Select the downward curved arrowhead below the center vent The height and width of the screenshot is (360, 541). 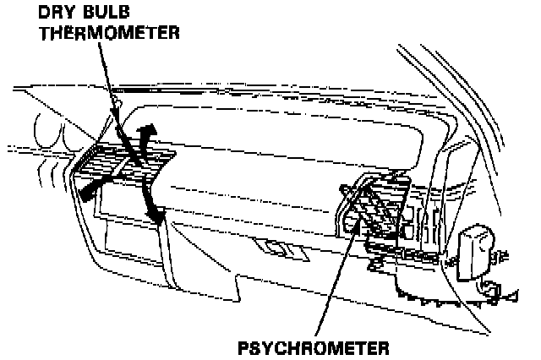[156, 217]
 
